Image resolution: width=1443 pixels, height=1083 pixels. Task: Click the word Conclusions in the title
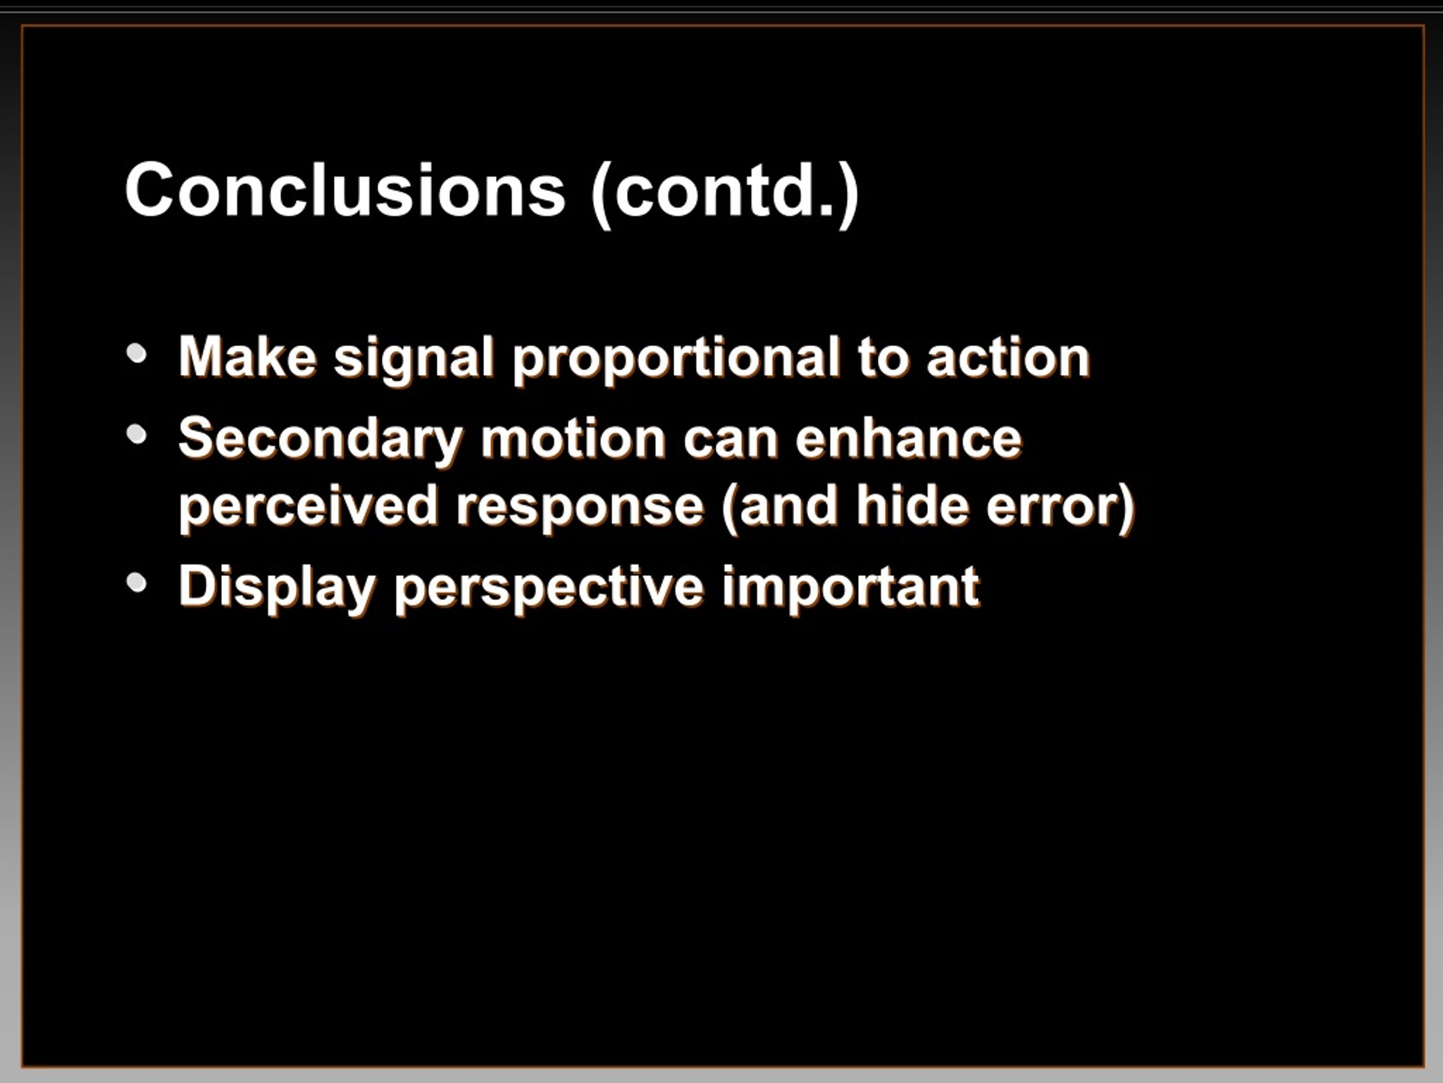coord(345,190)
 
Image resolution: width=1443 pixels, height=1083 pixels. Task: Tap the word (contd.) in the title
coord(724,193)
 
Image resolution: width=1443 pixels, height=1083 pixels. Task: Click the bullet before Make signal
coord(137,354)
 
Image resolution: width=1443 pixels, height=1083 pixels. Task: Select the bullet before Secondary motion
coord(137,435)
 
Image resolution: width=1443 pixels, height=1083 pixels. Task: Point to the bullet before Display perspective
coord(137,583)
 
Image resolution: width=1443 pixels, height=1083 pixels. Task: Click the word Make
coord(248,357)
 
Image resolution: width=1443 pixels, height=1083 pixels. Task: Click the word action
coord(1008,358)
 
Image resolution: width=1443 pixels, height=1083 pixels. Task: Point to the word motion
coord(573,439)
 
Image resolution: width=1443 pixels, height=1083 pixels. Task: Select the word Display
coord(277,588)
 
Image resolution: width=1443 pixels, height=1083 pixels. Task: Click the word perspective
coord(549,588)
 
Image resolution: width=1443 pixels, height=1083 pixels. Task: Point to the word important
coord(851,588)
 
